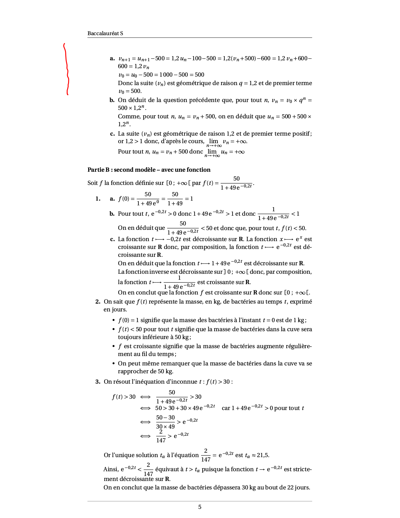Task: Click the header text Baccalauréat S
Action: [105, 33]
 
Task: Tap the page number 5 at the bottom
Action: [200, 507]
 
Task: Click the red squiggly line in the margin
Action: [67, 69]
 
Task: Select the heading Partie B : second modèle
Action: [149, 170]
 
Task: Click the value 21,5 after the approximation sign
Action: [263, 455]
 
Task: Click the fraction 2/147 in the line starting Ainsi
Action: [148, 469]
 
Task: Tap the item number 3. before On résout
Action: [98, 382]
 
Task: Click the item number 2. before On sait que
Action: [98, 302]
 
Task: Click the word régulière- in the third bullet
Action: [298, 346]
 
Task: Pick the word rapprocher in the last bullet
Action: [132, 371]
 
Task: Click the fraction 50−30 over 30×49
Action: [165, 422]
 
